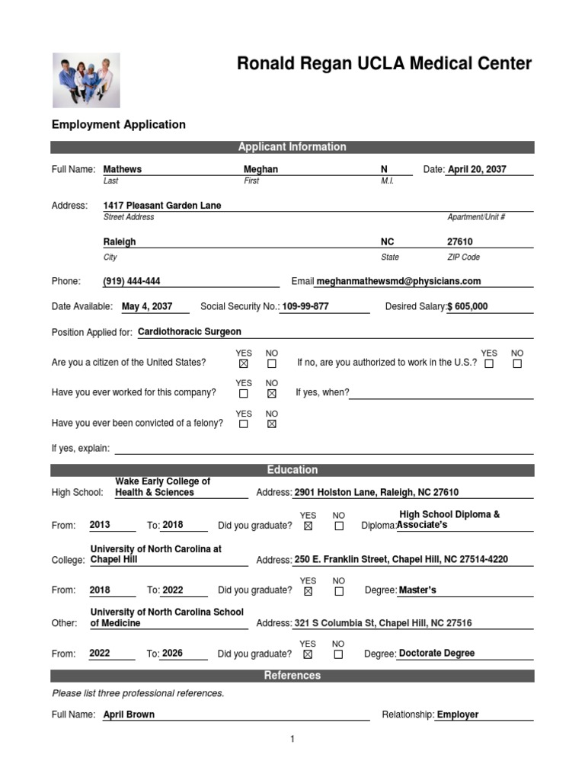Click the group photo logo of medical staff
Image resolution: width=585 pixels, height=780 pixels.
[x=85, y=80]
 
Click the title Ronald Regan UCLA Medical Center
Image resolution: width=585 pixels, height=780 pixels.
[x=384, y=64]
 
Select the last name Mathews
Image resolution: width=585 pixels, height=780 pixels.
[x=123, y=169]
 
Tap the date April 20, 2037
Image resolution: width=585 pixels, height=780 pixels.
[x=477, y=169]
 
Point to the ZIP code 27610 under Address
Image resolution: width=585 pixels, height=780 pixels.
[x=459, y=241]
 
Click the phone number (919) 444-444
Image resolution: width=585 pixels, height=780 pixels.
[x=132, y=281]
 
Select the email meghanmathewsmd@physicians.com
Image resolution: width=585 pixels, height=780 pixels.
[x=398, y=281]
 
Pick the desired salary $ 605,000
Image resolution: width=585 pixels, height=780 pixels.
[x=468, y=307]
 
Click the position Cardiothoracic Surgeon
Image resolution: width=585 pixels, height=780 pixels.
[x=190, y=332]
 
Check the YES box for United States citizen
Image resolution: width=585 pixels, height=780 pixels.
[x=244, y=364]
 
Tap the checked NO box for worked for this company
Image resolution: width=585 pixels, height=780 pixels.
[x=272, y=394]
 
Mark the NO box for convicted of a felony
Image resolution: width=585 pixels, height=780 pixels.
[x=272, y=424]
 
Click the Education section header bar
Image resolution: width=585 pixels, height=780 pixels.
[x=292, y=470]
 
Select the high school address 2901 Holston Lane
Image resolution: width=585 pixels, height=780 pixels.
[x=376, y=493]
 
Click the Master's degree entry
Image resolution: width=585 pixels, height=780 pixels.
[x=417, y=590]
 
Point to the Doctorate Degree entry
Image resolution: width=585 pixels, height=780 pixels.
[x=436, y=653]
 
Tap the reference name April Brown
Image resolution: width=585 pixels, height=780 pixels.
[x=129, y=714]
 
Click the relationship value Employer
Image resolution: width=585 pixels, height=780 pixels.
[x=458, y=714]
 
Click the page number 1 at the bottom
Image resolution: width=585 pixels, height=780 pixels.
[x=292, y=739]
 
